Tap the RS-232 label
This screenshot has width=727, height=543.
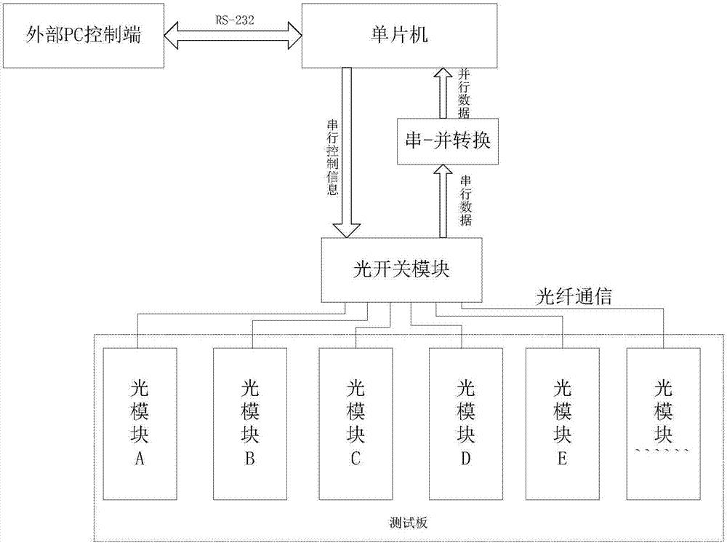click(x=233, y=21)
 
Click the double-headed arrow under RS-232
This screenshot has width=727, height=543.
click(x=233, y=34)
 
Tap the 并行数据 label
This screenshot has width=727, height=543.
click(x=465, y=93)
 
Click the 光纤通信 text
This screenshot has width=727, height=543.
click(x=574, y=296)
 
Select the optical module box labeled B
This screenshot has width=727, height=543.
click(x=249, y=422)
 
